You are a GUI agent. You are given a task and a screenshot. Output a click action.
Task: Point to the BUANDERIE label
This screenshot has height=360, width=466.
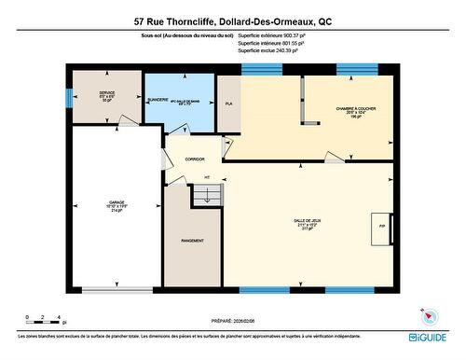[158, 99]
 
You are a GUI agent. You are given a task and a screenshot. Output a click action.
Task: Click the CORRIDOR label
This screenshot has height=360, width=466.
[195, 159]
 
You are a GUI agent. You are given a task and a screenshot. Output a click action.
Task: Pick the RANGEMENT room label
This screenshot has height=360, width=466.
[192, 241]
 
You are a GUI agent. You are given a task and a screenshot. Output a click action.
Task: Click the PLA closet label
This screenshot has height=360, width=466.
[228, 104]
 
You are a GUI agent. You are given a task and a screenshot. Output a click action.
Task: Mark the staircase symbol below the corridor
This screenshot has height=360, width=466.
[205, 194]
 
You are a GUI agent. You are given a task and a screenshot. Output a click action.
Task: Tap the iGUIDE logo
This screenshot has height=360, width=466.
[427, 335]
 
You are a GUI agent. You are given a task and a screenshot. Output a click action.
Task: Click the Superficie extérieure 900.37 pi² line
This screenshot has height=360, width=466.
[272, 35]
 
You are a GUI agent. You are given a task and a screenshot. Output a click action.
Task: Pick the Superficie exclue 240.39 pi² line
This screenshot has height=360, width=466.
[270, 51]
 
